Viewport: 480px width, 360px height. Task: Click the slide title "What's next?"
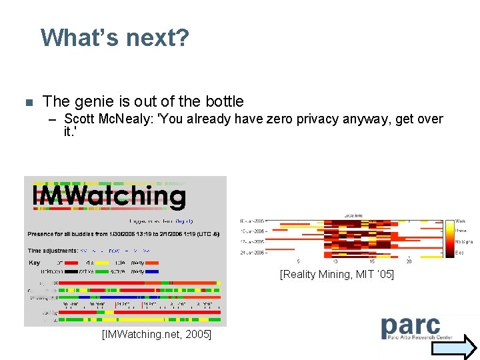tap(115, 37)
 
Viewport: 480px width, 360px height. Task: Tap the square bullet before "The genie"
tap(28, 103)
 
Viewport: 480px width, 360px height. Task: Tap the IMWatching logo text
tap(109, 196)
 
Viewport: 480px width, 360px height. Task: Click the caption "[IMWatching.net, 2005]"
tap(156, 334)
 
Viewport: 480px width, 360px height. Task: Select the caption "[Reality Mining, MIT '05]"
tap(337, 274)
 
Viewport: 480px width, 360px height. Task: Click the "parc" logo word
tap(411, 326)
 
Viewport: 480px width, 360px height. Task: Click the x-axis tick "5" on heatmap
tap(298, 261)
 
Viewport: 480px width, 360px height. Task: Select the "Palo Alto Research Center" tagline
tap(410, 338)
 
